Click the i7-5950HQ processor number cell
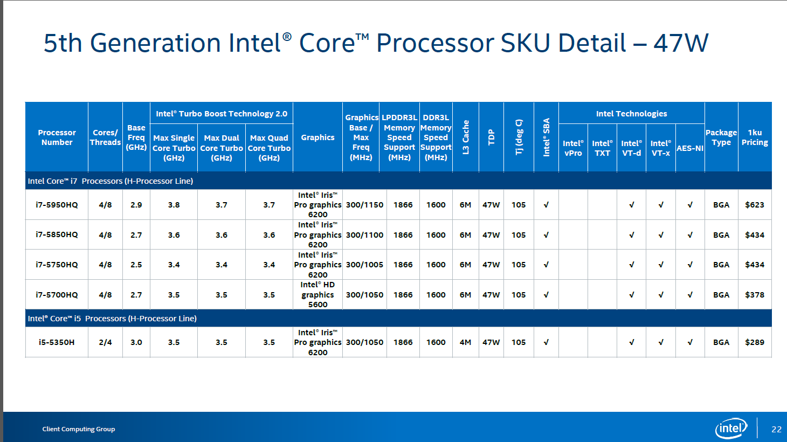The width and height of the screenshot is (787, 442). [57, 205]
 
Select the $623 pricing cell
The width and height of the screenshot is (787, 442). [754, 205]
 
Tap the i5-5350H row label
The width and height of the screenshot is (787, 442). [57, 342]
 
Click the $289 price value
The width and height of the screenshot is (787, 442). [754, 342]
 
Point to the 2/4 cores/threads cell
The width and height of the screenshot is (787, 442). [105, 342]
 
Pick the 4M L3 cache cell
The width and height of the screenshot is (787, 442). [465, 342]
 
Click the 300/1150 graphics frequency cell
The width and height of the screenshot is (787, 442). [364, 205]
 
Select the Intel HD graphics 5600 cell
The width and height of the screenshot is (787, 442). [317, 294]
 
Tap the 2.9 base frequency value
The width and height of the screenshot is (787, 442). [136, 205]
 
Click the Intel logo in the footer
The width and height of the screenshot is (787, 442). [731, 429]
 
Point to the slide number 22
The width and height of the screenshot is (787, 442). [776, 429]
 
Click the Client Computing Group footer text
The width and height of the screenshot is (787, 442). [79, 429]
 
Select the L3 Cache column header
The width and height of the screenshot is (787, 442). [466, 137]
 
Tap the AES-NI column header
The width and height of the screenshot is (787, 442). [689, 148]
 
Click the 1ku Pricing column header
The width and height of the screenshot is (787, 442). [754, 137]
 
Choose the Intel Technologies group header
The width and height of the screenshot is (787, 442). [631, 114]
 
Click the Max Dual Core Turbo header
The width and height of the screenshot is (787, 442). [221, 148]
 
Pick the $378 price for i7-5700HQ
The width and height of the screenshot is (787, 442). [754, 295]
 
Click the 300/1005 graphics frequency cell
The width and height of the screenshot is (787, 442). [364, 265]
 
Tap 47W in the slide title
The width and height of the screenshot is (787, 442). [680, 43]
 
